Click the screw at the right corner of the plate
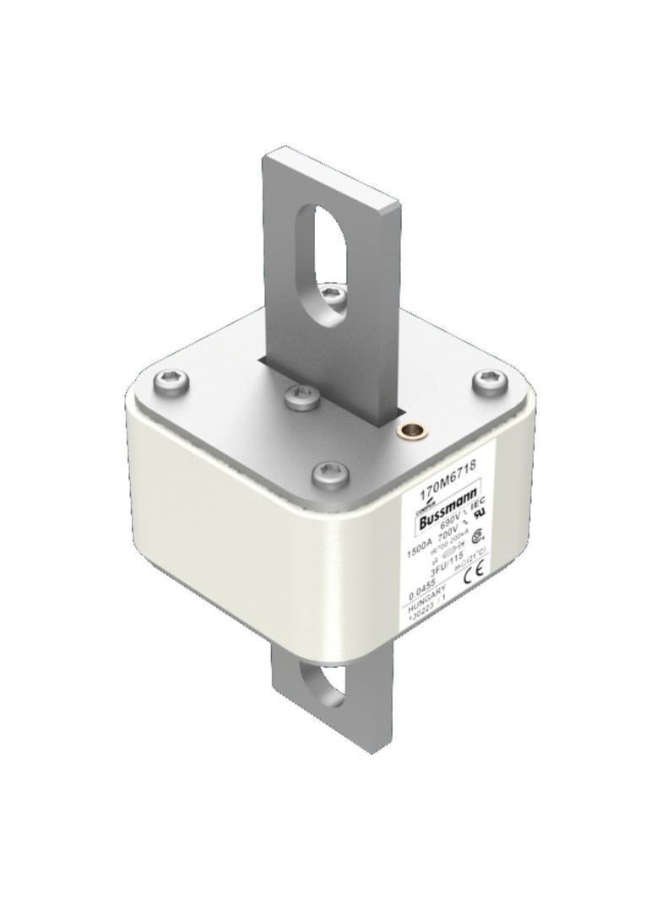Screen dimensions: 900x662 (490, 381)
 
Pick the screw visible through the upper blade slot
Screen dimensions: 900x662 (333, 295)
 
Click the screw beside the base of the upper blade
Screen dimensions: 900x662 (301, 396)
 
